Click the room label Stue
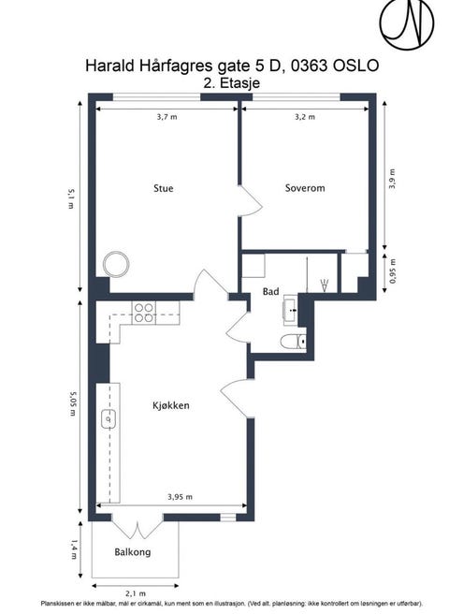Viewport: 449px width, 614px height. pos(164,188)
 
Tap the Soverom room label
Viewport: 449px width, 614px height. pos(305,188)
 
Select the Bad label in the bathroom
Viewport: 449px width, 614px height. pos(271,291)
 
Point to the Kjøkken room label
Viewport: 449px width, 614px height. pos(171,405)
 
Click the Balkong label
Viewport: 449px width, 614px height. pos(133,552)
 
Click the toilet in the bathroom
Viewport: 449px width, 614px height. pos(293,342)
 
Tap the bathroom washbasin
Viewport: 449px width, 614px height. pos(291,310)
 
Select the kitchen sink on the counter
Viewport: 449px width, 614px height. pos(109,418)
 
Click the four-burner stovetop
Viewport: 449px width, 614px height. pos(144,313)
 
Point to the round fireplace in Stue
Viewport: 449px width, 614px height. pos(116,264)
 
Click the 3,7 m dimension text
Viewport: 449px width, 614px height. pos(167,117)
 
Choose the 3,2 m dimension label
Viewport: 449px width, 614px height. pos(305,117)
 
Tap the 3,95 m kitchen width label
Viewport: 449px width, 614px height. pos(181,497)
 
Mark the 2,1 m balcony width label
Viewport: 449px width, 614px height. pos(136,593)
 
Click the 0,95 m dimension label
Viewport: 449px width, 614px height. pos(393,271)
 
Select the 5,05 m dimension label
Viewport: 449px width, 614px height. pos(72,403)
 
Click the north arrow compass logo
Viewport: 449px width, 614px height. pos(407,24)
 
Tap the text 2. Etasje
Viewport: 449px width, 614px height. pos(232,83)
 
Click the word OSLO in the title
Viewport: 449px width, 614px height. pos(355,66)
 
